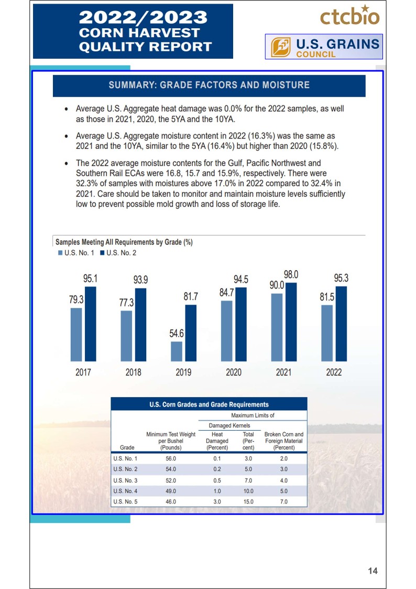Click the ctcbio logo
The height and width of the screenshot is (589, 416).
(x=349, y=16)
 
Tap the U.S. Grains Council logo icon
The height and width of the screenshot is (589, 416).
(x=281, y=47)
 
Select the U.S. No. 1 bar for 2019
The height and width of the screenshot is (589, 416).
(x=177, y=351)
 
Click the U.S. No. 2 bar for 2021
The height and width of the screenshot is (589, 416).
(x=291, y=322)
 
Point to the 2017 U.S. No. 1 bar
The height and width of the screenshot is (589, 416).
(x=76, y=334)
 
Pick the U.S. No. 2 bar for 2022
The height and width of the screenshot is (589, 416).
(x=341, y=323)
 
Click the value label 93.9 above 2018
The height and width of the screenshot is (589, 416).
(x=140, y=280)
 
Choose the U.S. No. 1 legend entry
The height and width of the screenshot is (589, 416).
(x=76, y=253)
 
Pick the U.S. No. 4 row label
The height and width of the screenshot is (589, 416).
(x=125, y=491)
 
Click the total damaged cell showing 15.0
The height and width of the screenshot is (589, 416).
(x=248, y=502)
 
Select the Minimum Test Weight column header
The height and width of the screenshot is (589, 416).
(x=171, y=441)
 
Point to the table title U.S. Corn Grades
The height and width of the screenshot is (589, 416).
(x=209, y=404)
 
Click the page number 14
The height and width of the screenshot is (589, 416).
(x=373, y=571)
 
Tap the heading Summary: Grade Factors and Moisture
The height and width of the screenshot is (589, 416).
(x=209, y=85)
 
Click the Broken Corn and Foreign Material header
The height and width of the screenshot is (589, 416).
(x=284, y=441)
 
